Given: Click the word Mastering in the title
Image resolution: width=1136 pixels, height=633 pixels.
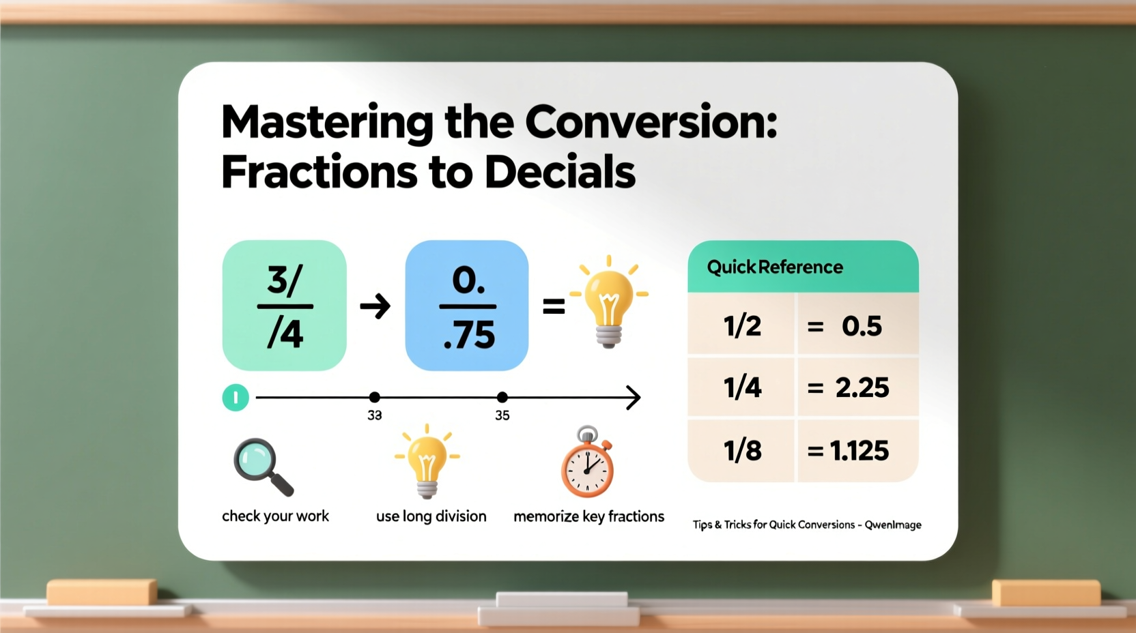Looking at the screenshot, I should [x=327, y=123].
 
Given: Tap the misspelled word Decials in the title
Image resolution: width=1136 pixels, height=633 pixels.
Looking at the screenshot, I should [x=560, y=172].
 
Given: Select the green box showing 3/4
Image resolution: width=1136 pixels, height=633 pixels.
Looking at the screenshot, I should [x=285, y=306].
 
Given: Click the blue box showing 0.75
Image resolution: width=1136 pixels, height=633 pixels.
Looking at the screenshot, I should [x=467, y=306].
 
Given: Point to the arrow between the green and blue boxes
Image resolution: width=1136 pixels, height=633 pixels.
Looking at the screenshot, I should [x=375, y=306].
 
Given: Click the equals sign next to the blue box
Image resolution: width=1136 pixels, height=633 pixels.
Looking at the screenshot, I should [x=554, y=307].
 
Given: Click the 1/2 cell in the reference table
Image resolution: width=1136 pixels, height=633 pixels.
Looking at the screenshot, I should [x=742, y=325].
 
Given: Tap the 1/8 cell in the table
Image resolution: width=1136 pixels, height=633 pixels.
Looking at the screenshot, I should [x=742, y=451].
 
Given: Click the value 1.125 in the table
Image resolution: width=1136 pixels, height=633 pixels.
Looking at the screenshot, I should [x=860, y=451].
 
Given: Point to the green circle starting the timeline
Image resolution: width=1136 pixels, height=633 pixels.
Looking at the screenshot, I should [x=236, y=398].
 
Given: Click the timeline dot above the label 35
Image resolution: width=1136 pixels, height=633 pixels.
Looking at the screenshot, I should [x=502, y=397].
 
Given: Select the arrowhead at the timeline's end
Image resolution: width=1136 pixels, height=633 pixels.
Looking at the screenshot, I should [x=634, y=397].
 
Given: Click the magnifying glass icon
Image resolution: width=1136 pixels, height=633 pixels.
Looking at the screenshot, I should [x=263, y=467].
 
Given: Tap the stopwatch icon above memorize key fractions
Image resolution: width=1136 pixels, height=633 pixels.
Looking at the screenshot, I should [x=587, y=464].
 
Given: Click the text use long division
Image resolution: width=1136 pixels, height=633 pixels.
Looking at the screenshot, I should [x=431, y=516].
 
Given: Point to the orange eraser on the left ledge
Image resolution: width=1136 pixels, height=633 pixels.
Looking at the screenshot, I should [x=102, y=592].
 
